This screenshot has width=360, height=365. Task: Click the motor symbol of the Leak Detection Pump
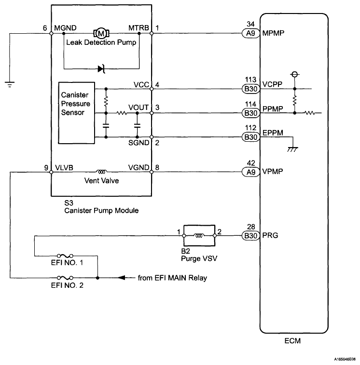[x=101, y=33]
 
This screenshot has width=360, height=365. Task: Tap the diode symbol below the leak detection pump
[x=102, y=69]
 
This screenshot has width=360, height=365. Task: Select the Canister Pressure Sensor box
[x=76, y=113]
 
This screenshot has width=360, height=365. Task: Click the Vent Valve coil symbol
[x=102, y=172]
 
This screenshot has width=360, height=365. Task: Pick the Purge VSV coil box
[x=199, y=236]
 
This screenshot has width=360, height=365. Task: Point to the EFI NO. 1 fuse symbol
[x=65, y=256]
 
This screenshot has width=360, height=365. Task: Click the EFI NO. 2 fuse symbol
[x=65, y=278]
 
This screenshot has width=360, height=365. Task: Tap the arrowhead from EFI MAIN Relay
[x=122, y=278]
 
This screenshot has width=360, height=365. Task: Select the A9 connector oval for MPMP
[x=251, y=33]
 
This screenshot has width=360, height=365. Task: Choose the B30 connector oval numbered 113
[x=251, y=89]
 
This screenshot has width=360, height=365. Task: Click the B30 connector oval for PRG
[x=251, y=236]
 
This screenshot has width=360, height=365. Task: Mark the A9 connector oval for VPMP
[x=251, y=172]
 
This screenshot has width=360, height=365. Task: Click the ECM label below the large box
[x=292, y=341]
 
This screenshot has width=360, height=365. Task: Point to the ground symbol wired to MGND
[x=10, y=84]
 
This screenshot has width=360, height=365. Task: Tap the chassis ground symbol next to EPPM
[x=292, y=149]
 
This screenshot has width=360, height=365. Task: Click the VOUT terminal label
[x=138, y=108]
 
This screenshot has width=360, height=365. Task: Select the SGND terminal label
[x=138, y=143]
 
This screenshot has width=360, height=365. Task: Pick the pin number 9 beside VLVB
[x=46, y=168]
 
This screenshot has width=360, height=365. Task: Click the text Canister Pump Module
[x=101, y=210]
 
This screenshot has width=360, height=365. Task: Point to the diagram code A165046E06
[x=345, y=359]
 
